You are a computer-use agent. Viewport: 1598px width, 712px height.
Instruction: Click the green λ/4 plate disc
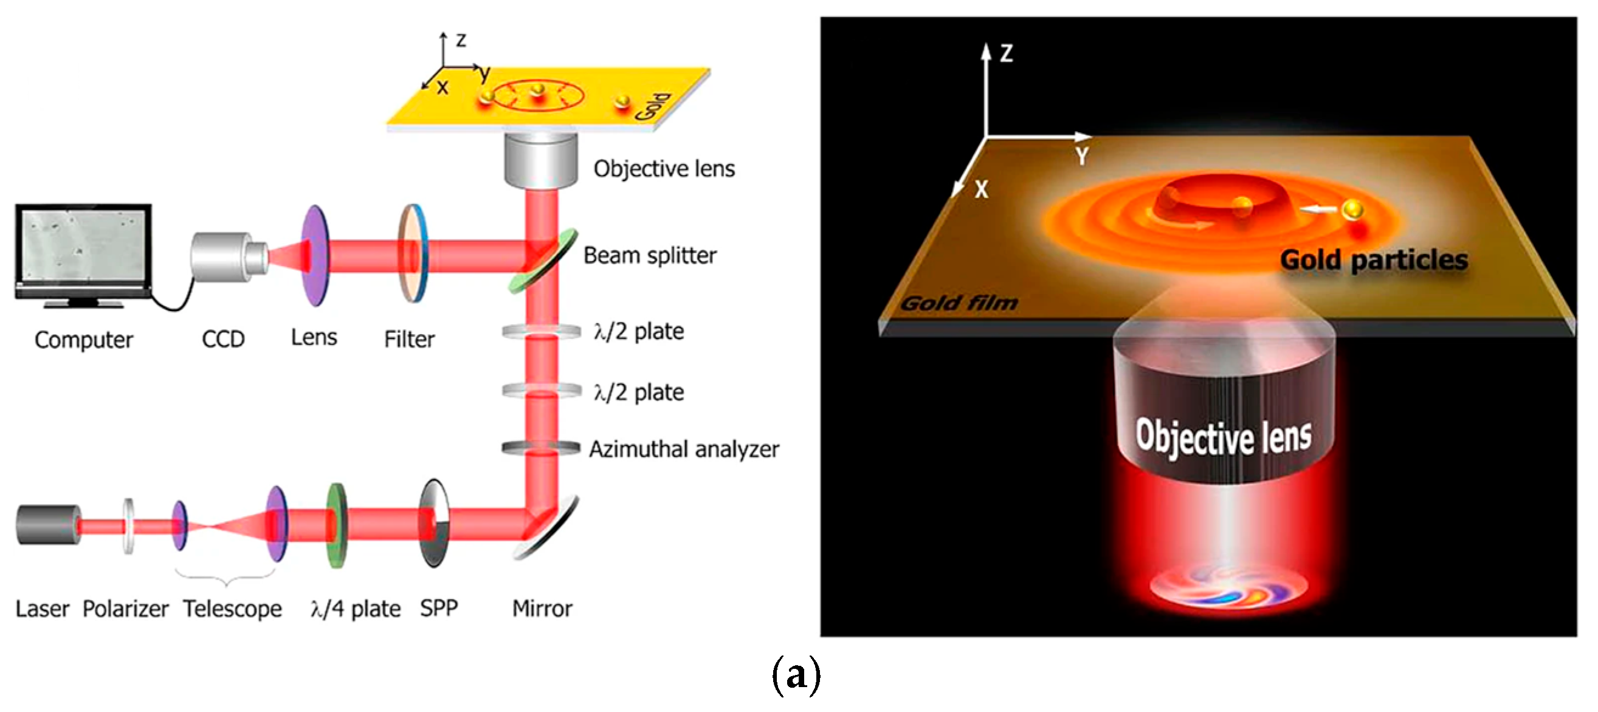click(x=336, y=526)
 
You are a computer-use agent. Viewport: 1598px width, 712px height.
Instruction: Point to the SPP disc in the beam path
click(x=433, y=524)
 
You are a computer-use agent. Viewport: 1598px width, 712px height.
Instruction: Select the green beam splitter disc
click(x=543, y=261)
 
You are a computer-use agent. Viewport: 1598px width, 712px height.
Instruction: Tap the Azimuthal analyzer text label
click(x=684, y=450)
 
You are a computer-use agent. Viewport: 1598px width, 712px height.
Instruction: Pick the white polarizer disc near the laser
click(x=128, y=526)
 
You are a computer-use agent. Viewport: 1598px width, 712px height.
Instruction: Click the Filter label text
click(x=409, y=340)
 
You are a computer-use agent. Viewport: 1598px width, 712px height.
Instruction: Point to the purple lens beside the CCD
click(x=314, y=256)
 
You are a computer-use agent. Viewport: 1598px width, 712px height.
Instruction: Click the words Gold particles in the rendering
click(x=1374, y=260)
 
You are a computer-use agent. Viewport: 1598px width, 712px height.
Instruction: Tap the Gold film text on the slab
click(x=959, y=303)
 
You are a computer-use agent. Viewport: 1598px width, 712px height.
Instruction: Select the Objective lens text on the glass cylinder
click(x=1224, y=437)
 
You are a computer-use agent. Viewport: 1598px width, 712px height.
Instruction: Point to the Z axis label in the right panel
click(x=1006, y=53)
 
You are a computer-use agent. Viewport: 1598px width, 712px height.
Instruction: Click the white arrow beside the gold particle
click(x=1318, y=210)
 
